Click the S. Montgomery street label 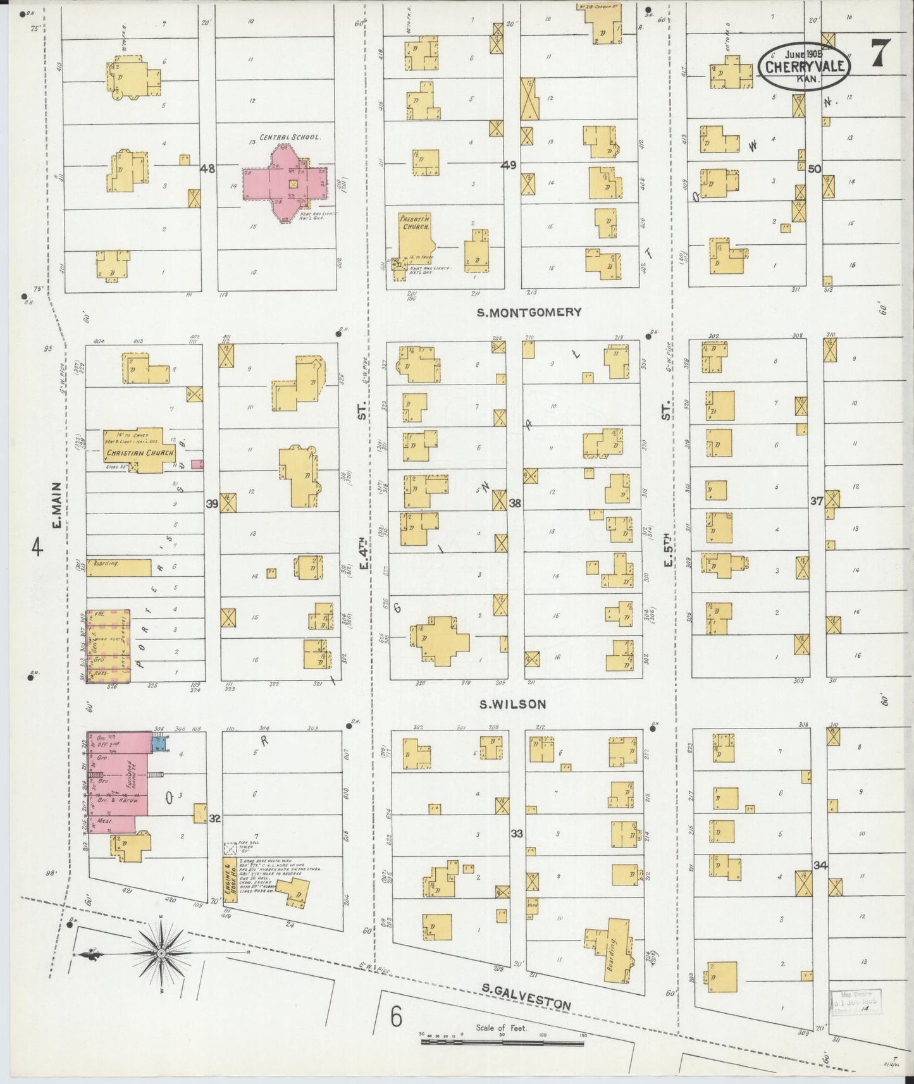[529, 312]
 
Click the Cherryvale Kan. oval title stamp [805, 66]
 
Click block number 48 [207, 169]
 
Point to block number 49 [508, 166]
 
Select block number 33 [517, 834]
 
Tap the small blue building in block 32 [159, 743]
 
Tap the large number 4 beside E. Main [37, 547]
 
